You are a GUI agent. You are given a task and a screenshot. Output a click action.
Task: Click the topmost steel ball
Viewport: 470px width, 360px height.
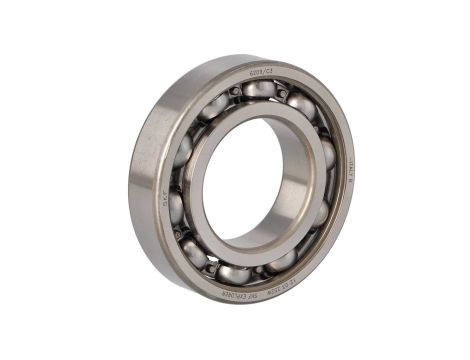pyautogui.click(x=259, y=90)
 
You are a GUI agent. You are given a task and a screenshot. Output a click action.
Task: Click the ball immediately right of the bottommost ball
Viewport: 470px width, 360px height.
pyautogui.click(x=282, y=261)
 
